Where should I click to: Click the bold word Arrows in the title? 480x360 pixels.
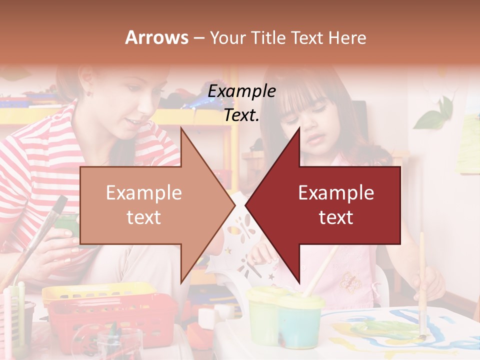[x=157, y=37]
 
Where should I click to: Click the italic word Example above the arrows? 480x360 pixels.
[x=241, y=91]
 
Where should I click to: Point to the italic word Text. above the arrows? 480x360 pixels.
[x=241, y=115]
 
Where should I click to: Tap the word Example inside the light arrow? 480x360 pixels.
[x=143, y=193]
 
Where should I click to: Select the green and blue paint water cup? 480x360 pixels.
[x=285, y=315]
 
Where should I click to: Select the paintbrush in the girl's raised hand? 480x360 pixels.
[x=422, y=280]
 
